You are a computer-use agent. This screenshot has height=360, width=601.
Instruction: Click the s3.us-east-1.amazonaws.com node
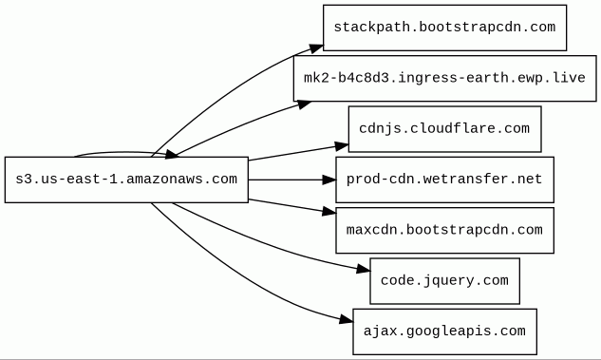[x=126, y=180]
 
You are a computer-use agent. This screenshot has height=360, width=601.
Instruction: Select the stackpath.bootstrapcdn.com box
[x=444, y=28]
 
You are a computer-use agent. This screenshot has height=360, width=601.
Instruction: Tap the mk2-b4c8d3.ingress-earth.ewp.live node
[x=444, y=78]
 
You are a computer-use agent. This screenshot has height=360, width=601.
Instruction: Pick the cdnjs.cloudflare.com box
[x=444, y=129]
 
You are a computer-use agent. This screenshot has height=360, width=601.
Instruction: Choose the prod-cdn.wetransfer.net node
[x=444, y=180]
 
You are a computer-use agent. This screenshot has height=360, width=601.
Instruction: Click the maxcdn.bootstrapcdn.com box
[x=444, y=230]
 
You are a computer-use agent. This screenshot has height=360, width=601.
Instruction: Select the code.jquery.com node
[x=444, y=280]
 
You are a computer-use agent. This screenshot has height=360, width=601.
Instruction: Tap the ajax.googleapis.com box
[x=444, y=332]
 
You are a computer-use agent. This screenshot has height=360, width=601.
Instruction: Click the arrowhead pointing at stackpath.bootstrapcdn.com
[x=316, y=48]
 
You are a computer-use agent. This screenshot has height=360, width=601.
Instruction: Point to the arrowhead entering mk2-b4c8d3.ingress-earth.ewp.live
[x=305, y=104]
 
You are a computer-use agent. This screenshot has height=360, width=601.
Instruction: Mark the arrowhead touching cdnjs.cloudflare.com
[x=342, y=146]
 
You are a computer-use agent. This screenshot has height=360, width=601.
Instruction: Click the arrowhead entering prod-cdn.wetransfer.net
[x=329, y=180]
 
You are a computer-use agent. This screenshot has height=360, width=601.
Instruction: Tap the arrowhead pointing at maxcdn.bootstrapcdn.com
[x=329, y=211]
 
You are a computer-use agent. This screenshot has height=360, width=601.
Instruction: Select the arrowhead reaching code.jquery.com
[x=364, y=269]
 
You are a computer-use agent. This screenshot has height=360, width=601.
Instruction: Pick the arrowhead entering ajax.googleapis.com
[x=347, y=319]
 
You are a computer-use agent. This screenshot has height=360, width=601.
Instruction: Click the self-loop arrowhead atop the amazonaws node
[x=172, y=155]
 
